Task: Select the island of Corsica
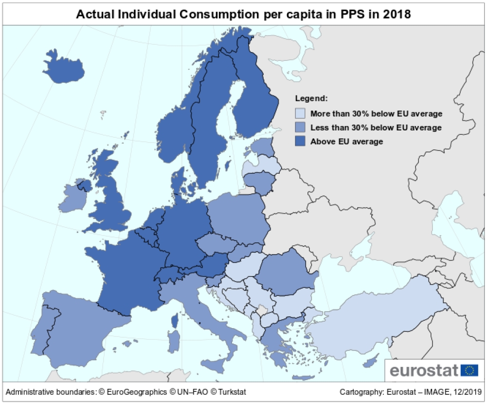175,320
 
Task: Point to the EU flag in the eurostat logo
469,370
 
